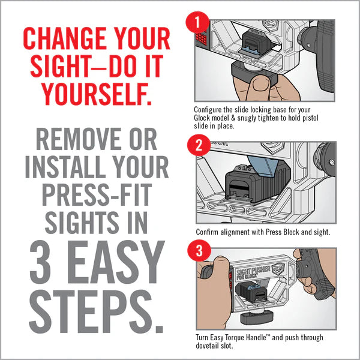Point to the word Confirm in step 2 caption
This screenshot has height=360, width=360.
coord(209,232)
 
